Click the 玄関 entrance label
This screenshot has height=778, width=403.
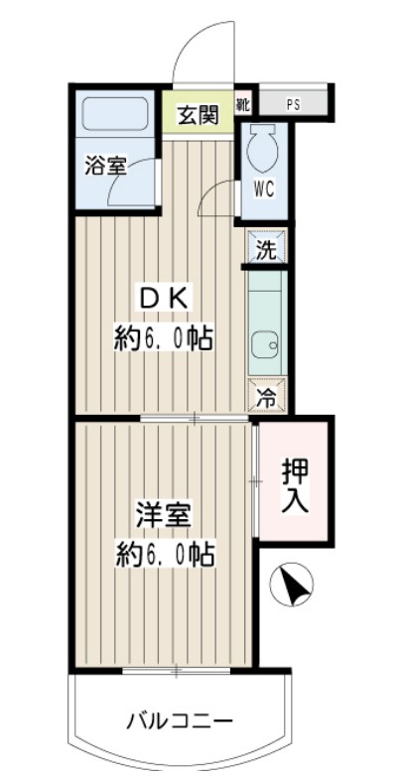click(x=198, y=115)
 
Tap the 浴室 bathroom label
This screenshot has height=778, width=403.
click(x=105, y=166)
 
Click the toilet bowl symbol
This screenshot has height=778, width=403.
click(x=263, y=145)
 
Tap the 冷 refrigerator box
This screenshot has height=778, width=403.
click(x=266, y=397)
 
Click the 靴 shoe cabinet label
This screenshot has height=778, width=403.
click(x=242, y=103)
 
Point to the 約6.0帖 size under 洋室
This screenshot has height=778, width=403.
click(x=164, y=553)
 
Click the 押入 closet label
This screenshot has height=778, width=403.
click(x=295, y=482)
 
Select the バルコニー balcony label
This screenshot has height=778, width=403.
click(x=180, y=719)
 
